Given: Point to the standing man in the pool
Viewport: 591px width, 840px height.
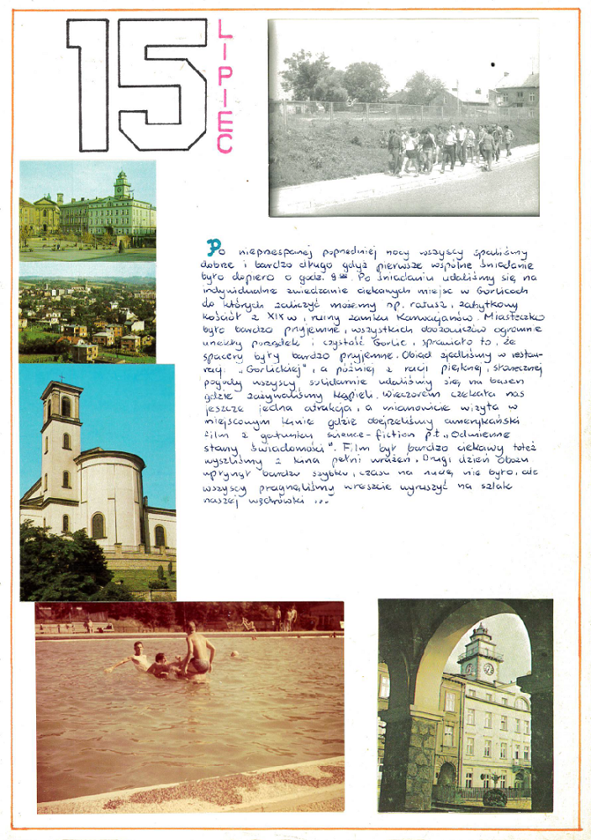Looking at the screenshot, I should pos(198,648).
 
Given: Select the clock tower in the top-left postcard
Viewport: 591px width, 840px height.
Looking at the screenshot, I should pos(123,186).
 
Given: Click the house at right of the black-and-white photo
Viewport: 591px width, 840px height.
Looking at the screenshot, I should pos(517,92).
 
